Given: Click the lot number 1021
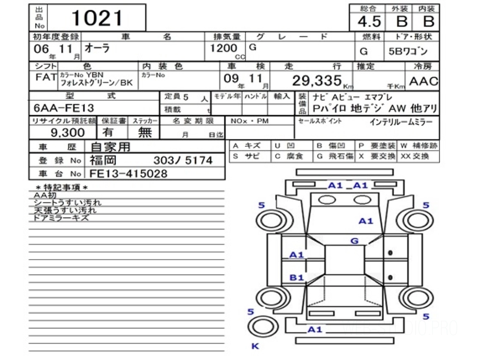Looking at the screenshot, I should (97, 18).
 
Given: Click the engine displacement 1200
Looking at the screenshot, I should (223, 48).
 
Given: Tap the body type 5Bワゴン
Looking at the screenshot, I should (411, 51).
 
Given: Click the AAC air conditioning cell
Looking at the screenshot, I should (423, 81).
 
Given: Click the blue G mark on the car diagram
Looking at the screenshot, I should (354, 241).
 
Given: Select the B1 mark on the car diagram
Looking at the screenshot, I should (296, 277).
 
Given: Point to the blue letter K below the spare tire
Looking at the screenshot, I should (255, 346).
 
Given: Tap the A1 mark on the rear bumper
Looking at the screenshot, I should (315, 329).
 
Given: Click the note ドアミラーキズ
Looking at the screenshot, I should (61, 218).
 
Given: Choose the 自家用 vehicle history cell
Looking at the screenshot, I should (110, 146).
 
